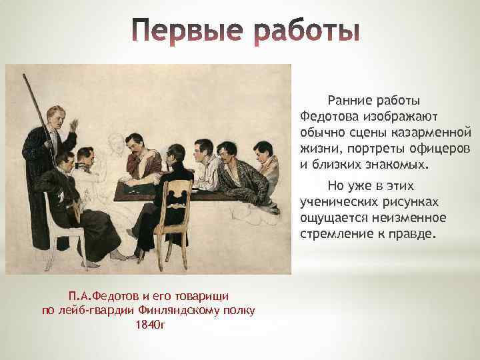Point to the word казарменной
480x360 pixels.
coord(435,133)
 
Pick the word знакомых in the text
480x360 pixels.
coord(397,164)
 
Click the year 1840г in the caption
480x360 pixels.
coord(149,324)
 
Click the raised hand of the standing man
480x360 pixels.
coord(74,126)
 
